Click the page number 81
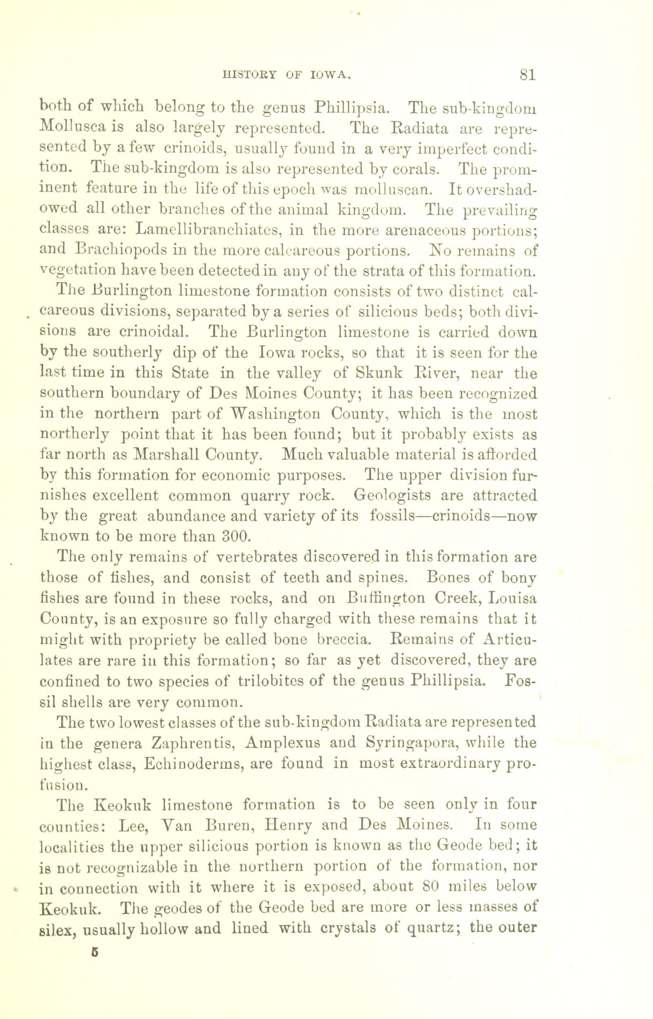tap(528, 75)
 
